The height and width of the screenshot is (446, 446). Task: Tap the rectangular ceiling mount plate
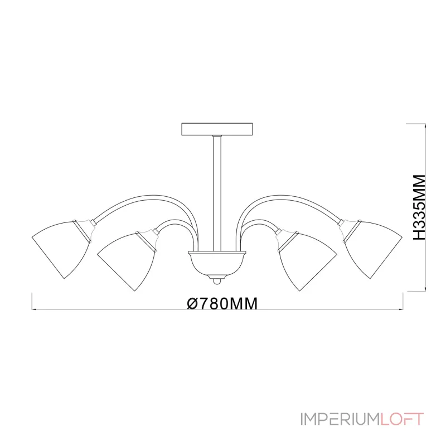tap(217, 128)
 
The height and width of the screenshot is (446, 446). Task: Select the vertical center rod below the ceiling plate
tap(217, 190)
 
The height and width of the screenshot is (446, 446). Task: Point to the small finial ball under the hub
tap(217, 277)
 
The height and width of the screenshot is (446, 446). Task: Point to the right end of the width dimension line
tap(403, 308)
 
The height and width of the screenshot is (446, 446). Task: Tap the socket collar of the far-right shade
tap(348, 226)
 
